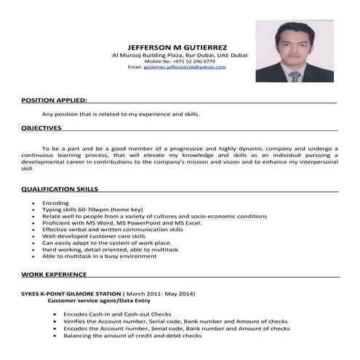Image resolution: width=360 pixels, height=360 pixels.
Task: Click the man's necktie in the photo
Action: (x=295, y=76)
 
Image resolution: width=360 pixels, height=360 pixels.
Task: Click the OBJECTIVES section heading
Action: (x=41, y=127)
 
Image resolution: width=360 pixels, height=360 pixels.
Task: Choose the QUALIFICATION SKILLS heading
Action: (x=60, y=189)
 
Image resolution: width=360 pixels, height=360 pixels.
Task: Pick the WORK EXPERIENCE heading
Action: (x=54, y=275)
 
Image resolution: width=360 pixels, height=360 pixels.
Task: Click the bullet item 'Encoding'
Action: (x=55, y=203)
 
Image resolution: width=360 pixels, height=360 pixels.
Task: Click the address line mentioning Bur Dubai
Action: (x=180, y=55)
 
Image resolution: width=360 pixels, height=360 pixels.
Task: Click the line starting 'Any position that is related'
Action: (x=121, y=114)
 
